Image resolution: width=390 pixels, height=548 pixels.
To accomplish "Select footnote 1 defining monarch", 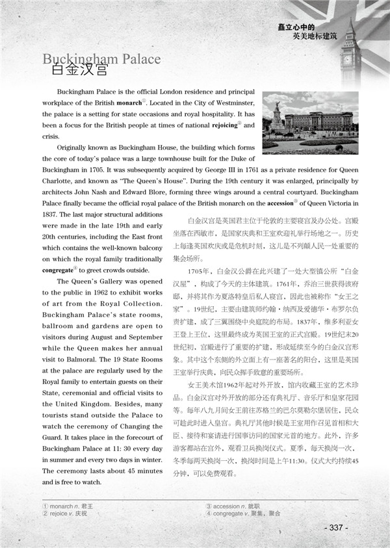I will point(68,504).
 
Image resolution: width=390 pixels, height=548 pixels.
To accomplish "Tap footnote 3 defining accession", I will point(235,504).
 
